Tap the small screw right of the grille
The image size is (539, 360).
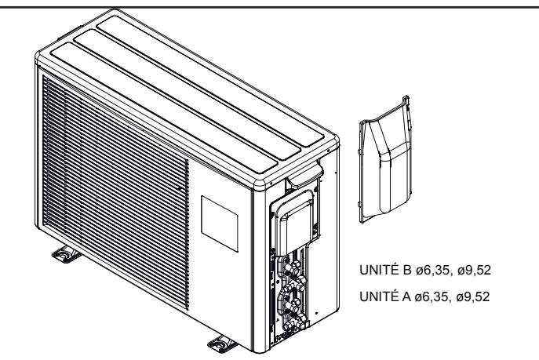(x=181, y=189)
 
